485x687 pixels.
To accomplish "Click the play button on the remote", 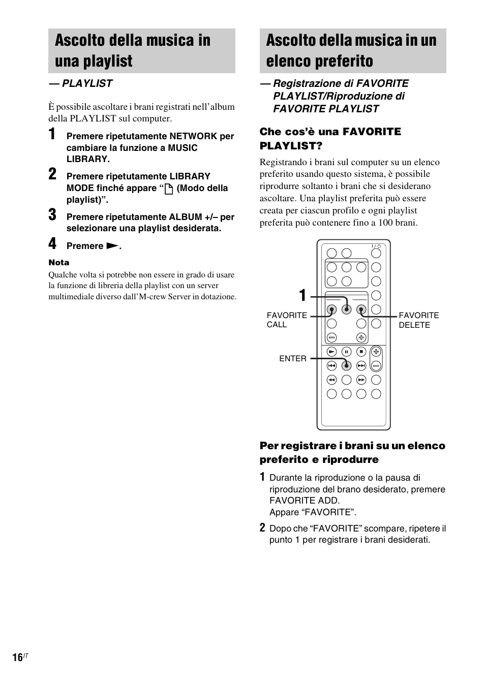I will click(x=331, y=351).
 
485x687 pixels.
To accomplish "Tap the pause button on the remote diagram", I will click(x=346, y=351).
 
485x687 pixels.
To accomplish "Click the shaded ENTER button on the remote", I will click(x=346, y=365).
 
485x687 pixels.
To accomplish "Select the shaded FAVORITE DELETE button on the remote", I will click(x=361, y=309).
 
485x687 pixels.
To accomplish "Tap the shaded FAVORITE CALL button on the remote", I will click(x=331, y=309).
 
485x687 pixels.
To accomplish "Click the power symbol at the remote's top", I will click(x=377, y=246).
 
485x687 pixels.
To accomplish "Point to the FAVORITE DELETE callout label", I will click(x=418, y=320).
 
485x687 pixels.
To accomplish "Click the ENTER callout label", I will click(x=293, y=359).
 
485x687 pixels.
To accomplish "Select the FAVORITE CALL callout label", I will click(x=287, y=320).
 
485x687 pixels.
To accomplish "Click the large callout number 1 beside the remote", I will click(x=303, y=295).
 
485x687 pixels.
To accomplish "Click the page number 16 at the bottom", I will click(x=17, y=658).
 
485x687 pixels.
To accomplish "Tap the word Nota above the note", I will click(x=59, y=263).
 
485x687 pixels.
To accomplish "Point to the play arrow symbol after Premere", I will click(x=112, y=246).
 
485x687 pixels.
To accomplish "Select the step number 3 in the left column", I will click(x=52, y=215).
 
